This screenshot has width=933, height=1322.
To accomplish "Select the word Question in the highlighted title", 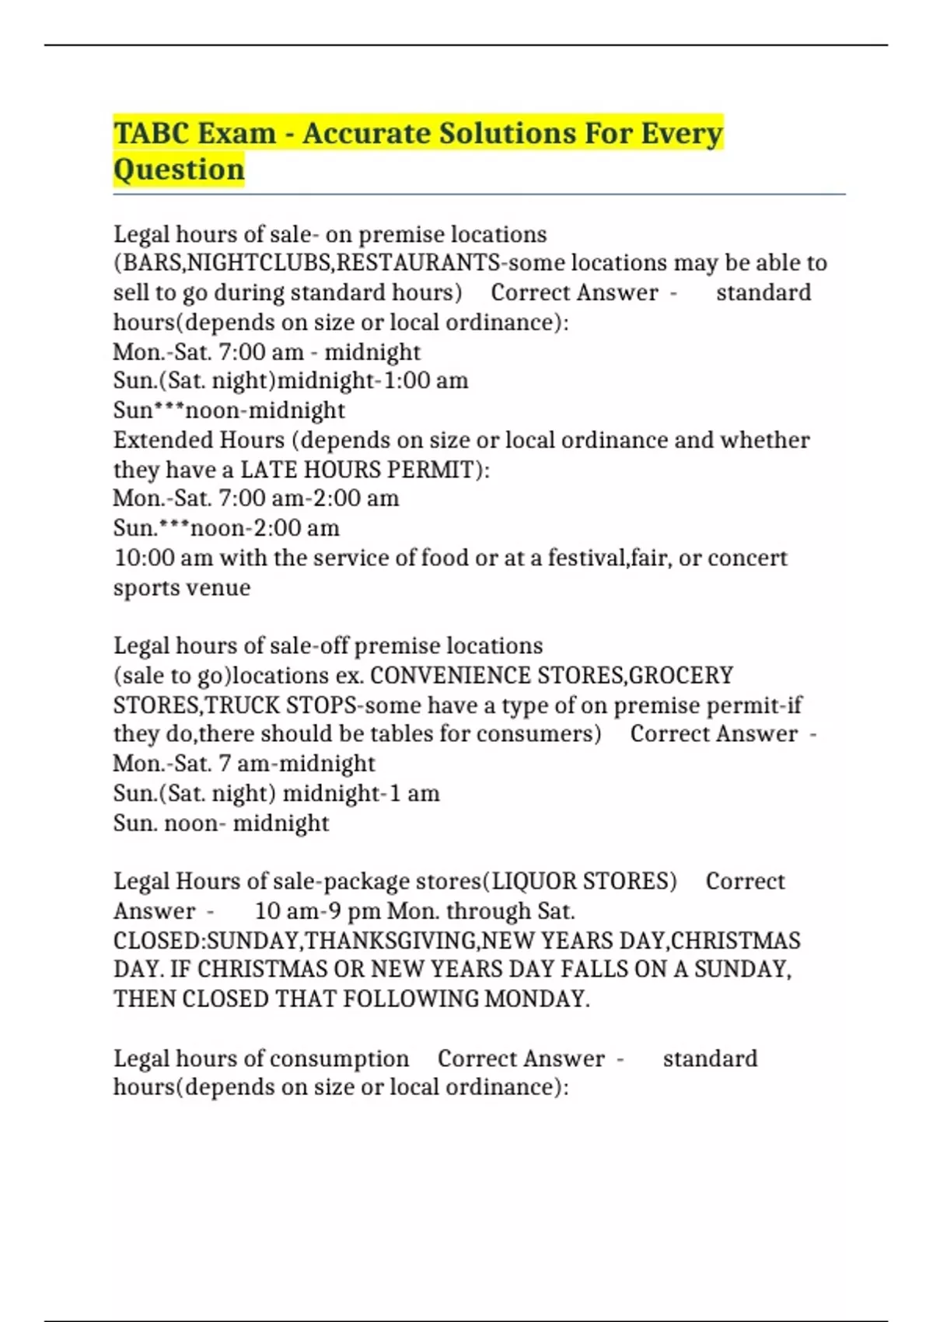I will [x=179, y=170].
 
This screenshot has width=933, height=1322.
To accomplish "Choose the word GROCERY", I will [x=680, y=675].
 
